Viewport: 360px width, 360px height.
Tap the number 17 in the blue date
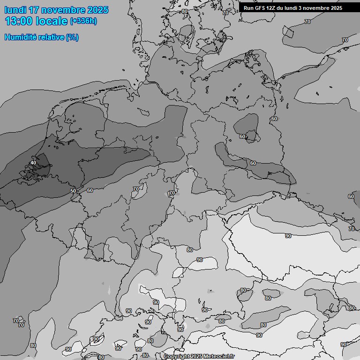click(x=34, y=10)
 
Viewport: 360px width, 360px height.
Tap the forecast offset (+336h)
click(x=83, y=21)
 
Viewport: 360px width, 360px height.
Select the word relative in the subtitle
click(x=52, y=37)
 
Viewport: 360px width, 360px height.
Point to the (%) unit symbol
click(x=72, y=37)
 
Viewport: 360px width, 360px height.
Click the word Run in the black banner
click(x=249, y=8)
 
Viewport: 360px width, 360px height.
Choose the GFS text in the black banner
click(x=261, y=8)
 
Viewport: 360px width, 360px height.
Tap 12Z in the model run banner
click(x=274, y=8)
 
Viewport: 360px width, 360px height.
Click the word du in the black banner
click(x=285, y=8)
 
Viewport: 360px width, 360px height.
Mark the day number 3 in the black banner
click(x=305, y=8)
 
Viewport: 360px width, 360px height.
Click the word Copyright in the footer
click(x=177, y=356)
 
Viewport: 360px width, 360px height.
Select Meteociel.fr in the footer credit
click(x=219, y=356)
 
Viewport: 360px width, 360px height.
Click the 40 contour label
click(x=33, y=163)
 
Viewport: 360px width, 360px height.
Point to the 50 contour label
click(x=73, y=191)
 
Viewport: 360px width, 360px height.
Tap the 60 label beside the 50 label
click(x=90, y=190)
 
